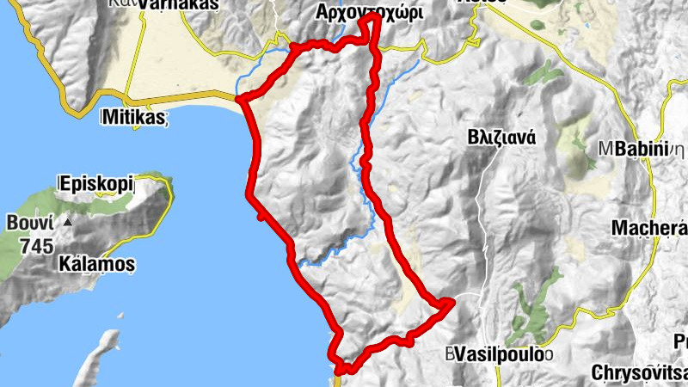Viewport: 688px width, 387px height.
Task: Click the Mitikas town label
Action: coord(133,116)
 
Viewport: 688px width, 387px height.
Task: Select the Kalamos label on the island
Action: coord(96,264)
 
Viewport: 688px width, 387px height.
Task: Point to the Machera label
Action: coord(648,228)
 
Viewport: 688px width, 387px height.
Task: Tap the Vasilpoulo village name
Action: coord(501,354)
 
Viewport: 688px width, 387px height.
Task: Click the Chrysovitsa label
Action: coord(640,373)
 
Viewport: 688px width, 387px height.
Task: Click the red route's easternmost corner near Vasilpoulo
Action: coord(451,301)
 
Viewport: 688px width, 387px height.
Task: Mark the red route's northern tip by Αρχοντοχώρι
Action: coord(373,16)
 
